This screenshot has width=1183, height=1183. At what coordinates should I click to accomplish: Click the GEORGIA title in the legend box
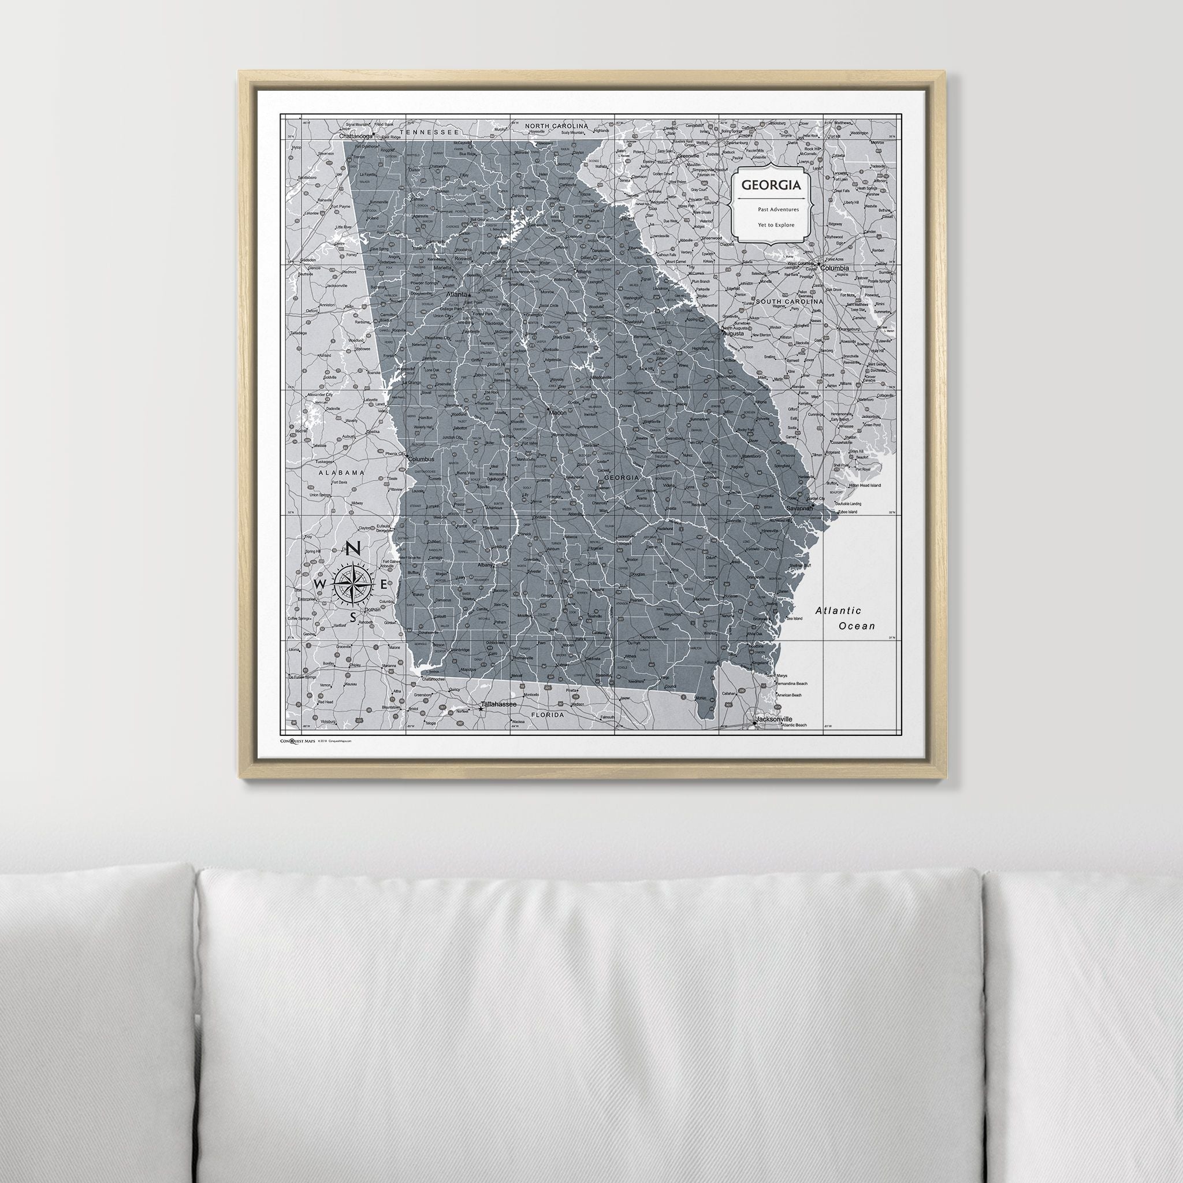pos(771,184)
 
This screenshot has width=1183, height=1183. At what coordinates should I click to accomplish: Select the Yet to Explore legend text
pos(776,225)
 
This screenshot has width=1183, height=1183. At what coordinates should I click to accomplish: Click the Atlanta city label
pos(457,295)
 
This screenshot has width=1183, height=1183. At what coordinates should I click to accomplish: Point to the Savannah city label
pos(799,508)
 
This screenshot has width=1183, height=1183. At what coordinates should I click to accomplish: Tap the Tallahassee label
pos(499,705)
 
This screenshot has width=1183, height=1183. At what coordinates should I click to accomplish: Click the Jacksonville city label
pos(774,719)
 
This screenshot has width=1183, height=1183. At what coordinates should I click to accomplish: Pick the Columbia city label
pos(835,268)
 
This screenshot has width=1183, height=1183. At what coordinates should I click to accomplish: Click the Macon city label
pos(558,412)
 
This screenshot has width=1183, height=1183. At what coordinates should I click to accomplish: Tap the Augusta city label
pos(733,334)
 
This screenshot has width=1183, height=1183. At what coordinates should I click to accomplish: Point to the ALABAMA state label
pos(341,473)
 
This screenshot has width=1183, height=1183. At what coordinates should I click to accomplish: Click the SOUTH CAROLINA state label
pos(789,302)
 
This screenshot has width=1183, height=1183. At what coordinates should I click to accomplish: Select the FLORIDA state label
pos(547,715)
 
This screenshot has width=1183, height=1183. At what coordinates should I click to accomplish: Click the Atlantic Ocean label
pos(847,618)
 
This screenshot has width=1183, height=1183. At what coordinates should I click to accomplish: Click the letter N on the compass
pos(354,549)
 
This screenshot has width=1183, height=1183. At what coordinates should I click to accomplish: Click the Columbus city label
pos(421,459)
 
